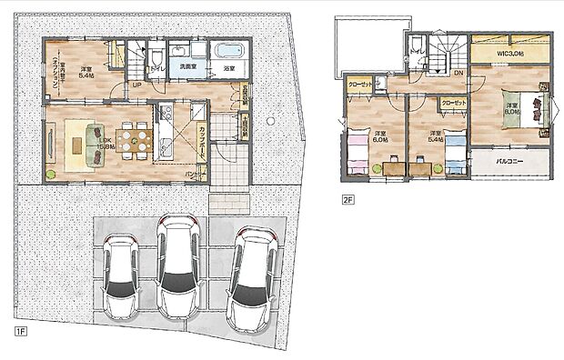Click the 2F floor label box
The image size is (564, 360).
347,197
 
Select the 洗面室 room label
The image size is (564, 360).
189,68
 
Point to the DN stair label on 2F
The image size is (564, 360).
458,72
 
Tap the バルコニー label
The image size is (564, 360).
512,162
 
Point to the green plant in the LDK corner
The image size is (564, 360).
53,172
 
